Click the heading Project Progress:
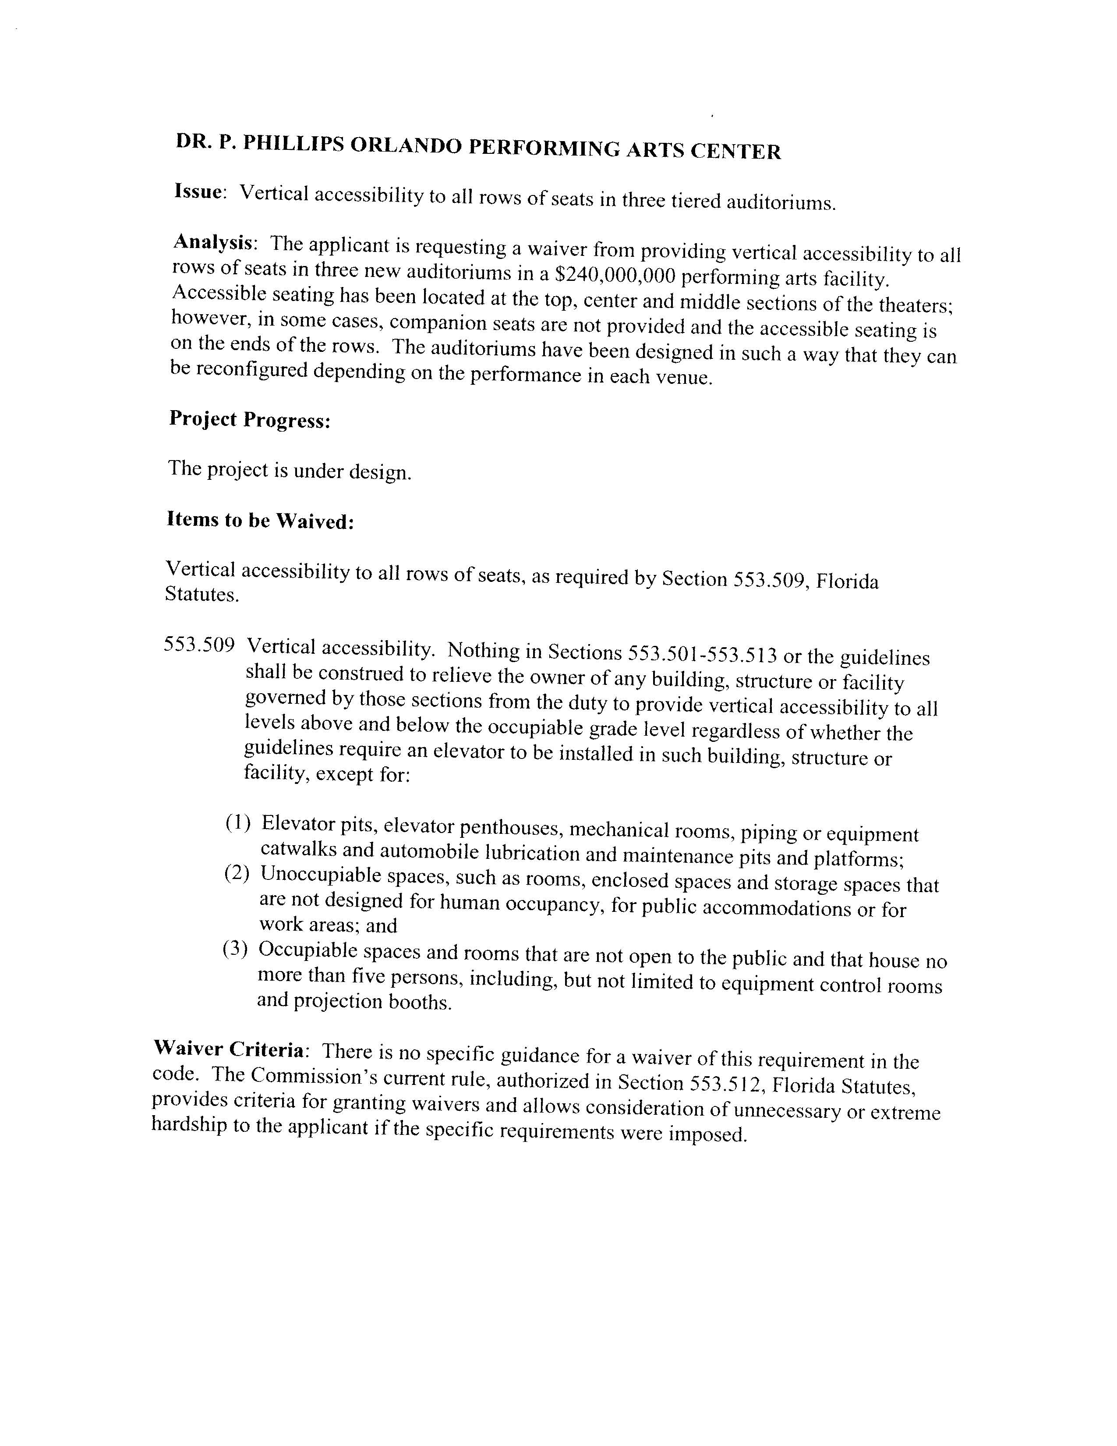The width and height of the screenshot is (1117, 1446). pos(250,420)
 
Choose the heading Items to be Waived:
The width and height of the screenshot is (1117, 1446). pos(260,521)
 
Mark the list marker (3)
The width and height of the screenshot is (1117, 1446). pos(235,950)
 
